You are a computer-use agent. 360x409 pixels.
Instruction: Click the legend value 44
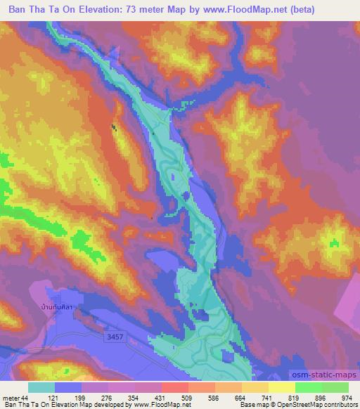(x=26, y=398)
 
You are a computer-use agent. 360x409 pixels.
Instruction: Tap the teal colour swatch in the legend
(x=41, y=387)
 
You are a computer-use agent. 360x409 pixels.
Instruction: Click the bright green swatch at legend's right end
(x=335, y=387)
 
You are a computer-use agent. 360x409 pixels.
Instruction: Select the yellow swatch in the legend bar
(x=281, y=387)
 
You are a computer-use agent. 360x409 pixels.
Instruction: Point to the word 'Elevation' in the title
(x=108, y=10)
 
